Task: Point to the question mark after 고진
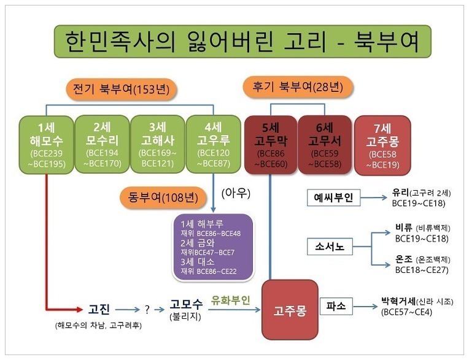pos(147,309)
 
